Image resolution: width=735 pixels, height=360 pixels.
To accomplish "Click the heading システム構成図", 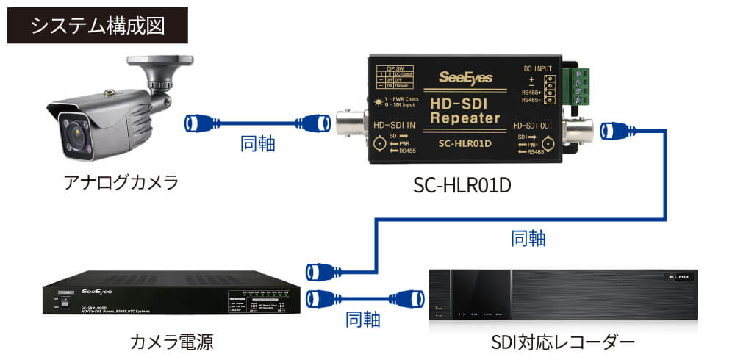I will tap(98, 25).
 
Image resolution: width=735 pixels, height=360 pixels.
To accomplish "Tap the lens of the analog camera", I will tap(75, 137).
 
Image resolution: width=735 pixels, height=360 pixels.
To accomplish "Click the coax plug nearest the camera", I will tap(200, 122).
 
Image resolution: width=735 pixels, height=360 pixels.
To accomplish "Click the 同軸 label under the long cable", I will tap(528, 238).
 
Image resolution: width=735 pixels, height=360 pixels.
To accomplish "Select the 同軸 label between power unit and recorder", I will tap(362, 319).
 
